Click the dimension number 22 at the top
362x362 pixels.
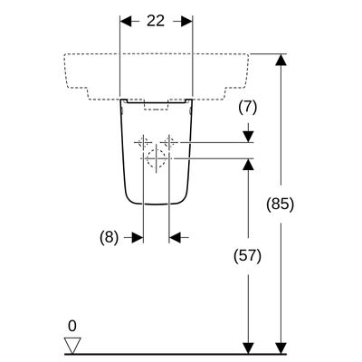click(156, 21)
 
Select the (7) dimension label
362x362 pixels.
click(248, 108)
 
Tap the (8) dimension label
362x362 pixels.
click(110, 238)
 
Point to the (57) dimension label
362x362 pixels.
click(248, 256)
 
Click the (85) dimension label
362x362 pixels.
click(280, 205)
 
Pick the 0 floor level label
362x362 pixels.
click(72, 326)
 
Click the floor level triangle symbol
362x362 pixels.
click(72, 346)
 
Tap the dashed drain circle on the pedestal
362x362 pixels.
click(156, 158)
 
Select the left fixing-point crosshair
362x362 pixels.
click(143, 142)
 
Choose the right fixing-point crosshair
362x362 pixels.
click(169, 142)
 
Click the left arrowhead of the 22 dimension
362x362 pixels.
click(126, 22)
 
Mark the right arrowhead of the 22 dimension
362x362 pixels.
click(186, 22)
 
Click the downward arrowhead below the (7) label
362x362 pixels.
click(248, 137)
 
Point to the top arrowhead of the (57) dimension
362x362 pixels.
click(248, 164)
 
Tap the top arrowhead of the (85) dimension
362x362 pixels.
click(281, 60)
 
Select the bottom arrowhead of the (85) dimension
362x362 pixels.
click(281, 348)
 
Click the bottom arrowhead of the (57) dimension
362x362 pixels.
click(248, 348)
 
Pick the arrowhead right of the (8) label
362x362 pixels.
click(138, 238)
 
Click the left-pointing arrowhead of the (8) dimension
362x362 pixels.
click(175, 238)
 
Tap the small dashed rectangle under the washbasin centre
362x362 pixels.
click(156, 107)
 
